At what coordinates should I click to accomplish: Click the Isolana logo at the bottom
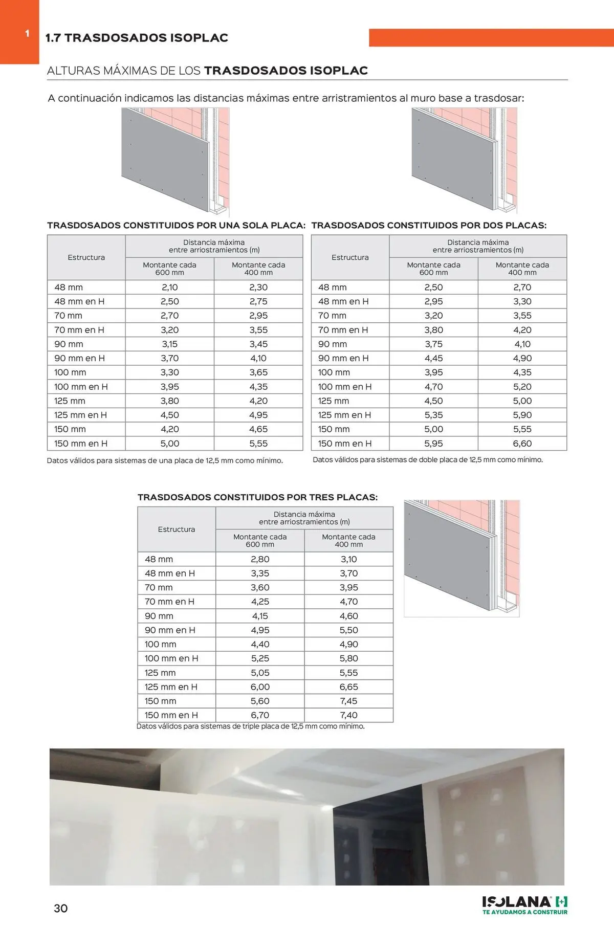click(x=524, y=902)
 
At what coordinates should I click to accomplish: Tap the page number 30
click(x=61, y=908)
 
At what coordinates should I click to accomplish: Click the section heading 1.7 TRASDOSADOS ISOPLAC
click(x=137, y=38)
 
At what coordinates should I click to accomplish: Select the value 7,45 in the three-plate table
click(x=348, y=701)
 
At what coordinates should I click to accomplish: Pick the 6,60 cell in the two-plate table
click(x=522, y=444)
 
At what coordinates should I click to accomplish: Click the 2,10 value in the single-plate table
click(x=169, y=287)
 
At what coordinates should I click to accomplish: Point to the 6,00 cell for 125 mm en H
click(x=260, y=687)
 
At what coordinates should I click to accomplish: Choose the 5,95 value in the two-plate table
click(x=433, y=444)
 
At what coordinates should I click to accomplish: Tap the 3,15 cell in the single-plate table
click(x=169, y=344)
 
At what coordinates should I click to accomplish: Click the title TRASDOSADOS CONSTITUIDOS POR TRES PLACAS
click(x=257, y=497)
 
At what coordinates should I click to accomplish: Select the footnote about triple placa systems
click(x=251, y=726)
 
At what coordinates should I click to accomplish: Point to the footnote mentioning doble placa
click(x=428, y=460)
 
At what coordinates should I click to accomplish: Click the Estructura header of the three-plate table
click(x=177, y=529)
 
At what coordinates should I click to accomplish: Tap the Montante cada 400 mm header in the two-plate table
click(x=522, y=269)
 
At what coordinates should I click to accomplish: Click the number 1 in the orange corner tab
click(x=27, y=34)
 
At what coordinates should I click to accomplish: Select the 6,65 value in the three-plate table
click(x=348, y=687)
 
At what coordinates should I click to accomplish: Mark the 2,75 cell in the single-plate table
click(x=258, y=302)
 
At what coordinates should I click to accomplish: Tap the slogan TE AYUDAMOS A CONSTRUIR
click(x=525, y=912)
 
